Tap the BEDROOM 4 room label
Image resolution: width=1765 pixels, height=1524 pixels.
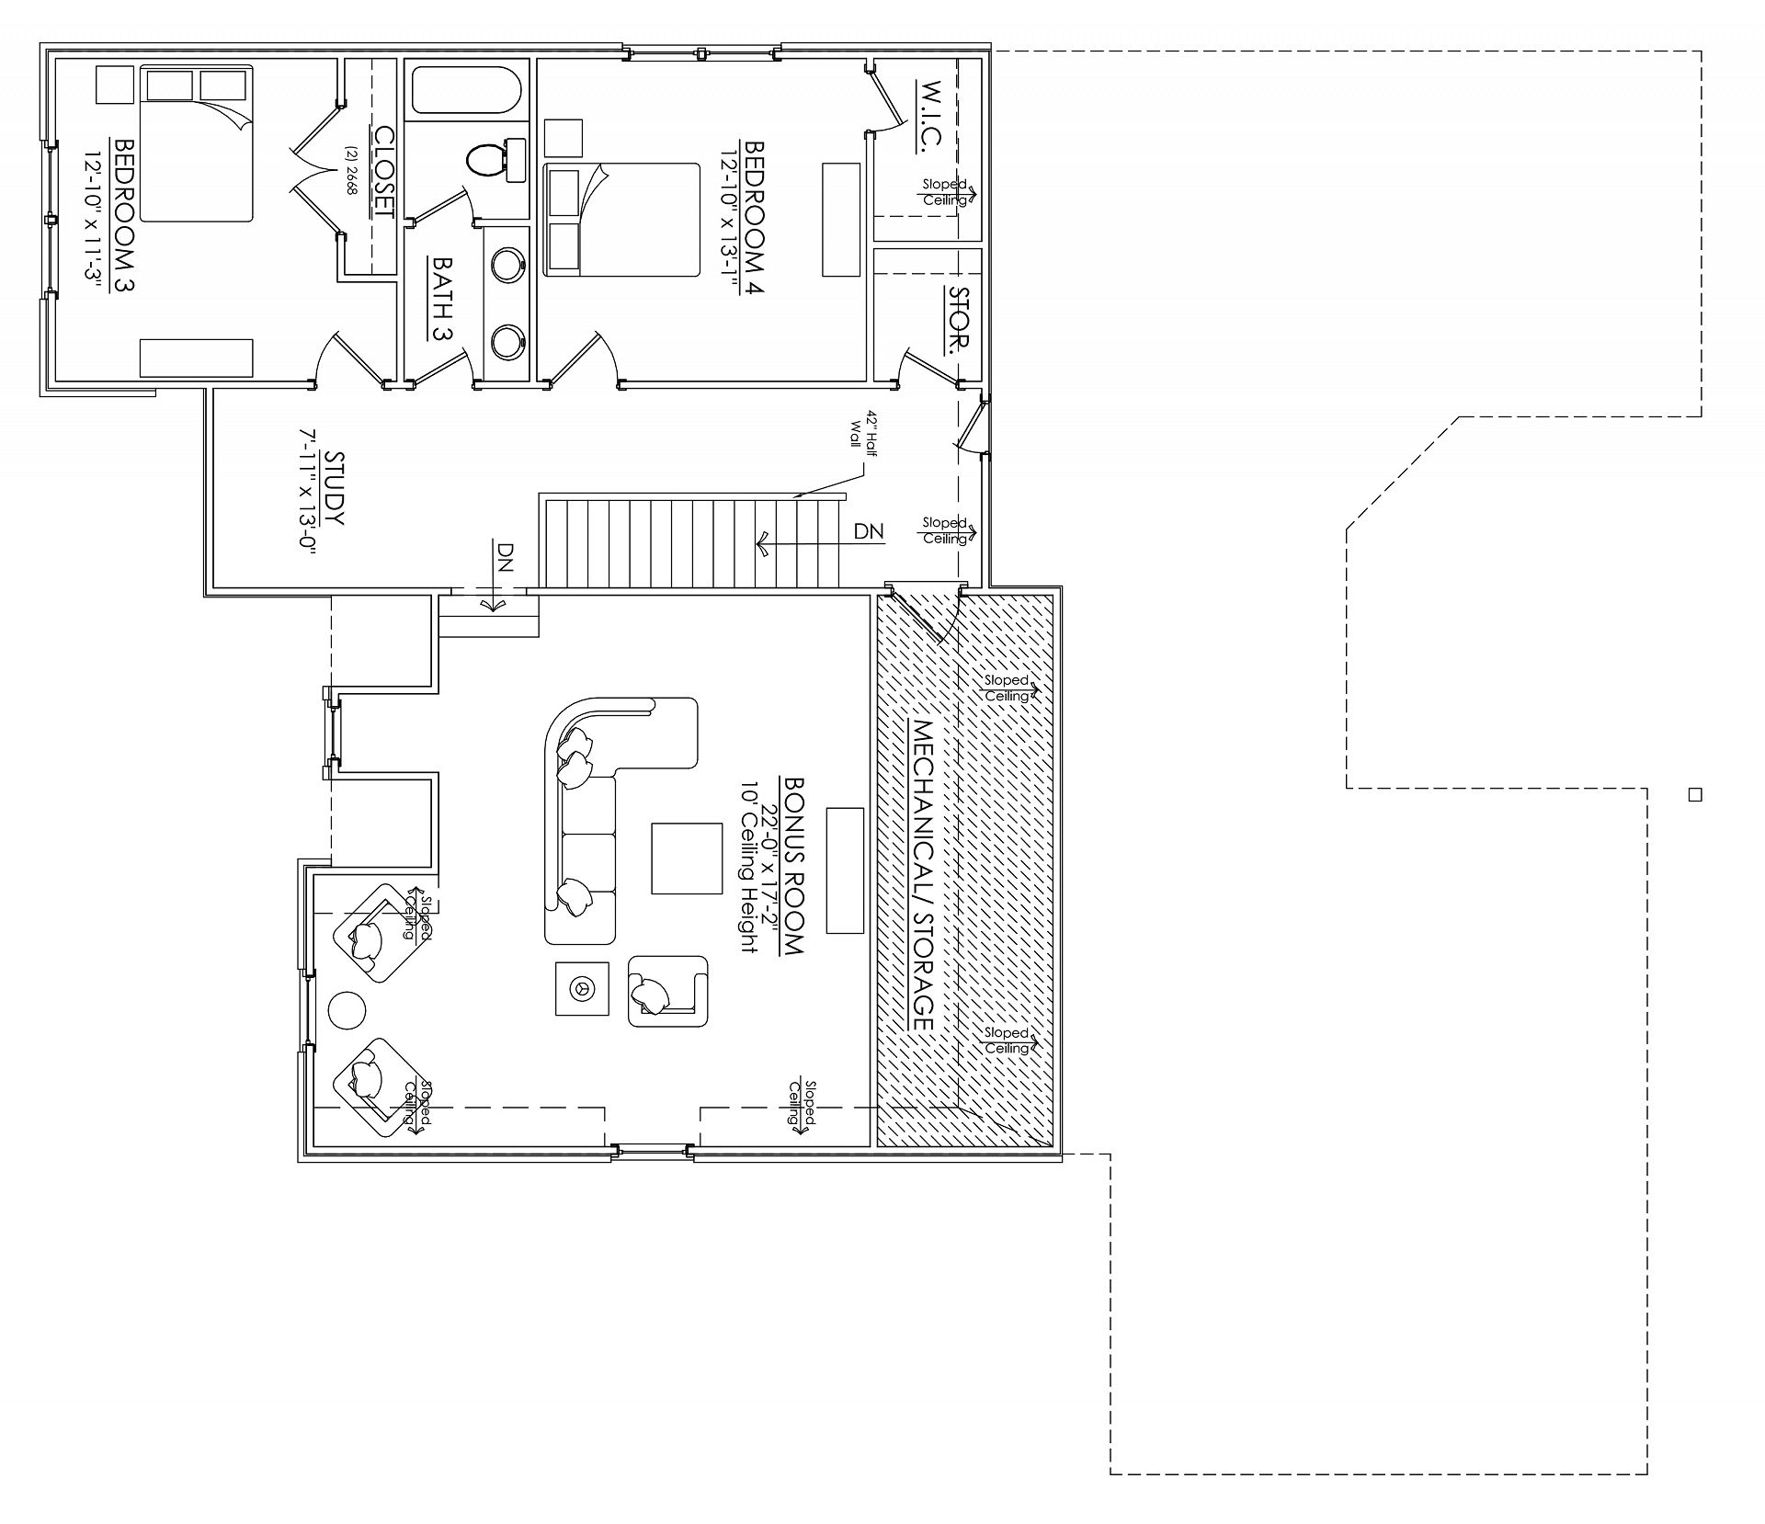[x=755, y=217]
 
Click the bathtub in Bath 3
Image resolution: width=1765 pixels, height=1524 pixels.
[x=466, y=92]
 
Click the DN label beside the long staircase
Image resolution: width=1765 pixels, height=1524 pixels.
[x=869, y=531]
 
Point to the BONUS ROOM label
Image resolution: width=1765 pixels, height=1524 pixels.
[x=793, y=865]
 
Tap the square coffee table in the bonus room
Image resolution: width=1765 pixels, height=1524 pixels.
[x=687, y=859]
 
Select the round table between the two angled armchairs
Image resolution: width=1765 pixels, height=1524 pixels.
[x=347, y=1010]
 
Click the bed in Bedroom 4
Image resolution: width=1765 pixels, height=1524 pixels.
[x=621, y=220]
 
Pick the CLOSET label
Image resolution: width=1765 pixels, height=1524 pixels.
[x=382, y=171]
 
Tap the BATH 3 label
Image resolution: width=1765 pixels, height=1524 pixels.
[x=443, y=299]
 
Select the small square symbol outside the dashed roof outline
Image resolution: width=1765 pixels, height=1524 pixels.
[x=1696, y=795]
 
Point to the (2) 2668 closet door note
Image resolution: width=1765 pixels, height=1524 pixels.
[x=350, y=169]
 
